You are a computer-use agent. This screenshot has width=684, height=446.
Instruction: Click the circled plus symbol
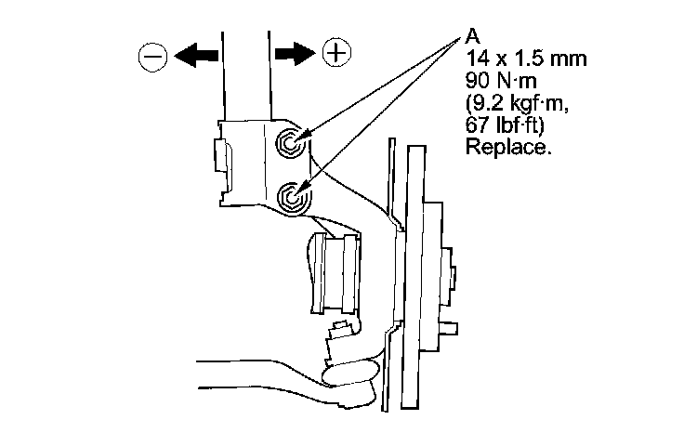pyautogui.click(x=335, y=52)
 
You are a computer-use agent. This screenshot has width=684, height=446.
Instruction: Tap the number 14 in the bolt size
pyautogui.click(x=473, y=60)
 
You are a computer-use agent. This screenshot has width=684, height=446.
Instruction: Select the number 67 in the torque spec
pyautogui.click(x=473, y=125)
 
